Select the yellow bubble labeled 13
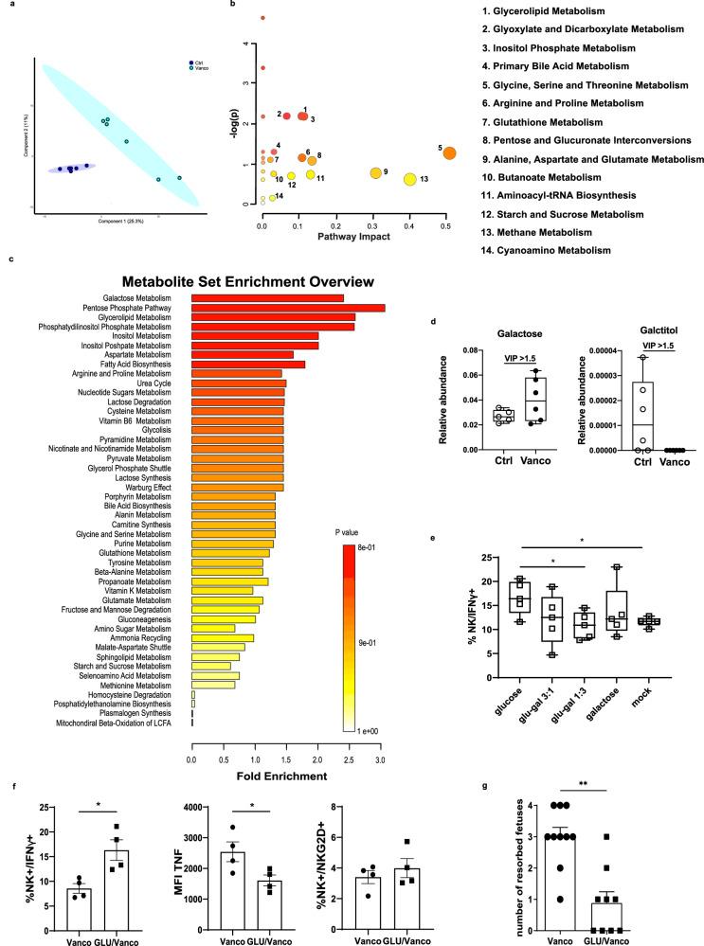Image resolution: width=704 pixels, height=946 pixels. click(410, 179)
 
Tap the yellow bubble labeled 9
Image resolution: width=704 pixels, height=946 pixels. click(375, 172)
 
